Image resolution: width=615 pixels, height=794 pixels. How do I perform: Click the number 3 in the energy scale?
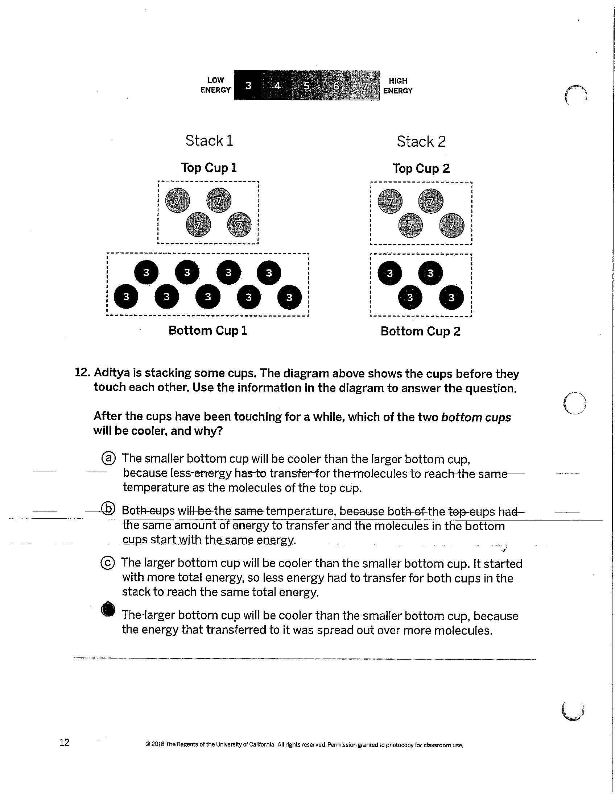[x=248, y=85]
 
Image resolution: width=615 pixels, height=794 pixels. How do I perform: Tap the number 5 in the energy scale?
[x=306, y=86]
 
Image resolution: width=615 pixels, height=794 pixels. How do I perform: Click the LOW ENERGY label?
[x=215, y=85]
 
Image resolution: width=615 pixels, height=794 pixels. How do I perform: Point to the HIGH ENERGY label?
[x=398, y=86]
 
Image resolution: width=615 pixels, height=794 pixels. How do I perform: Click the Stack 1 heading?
[x=209, y=141]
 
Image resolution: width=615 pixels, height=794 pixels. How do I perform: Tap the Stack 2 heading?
[x=421, y=141]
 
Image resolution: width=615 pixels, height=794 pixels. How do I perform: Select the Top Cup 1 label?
[x=209, y=168]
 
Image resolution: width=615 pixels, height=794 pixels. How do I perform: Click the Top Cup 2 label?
[x=421, y=168]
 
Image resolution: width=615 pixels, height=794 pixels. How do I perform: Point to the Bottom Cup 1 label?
[x=208, y=330]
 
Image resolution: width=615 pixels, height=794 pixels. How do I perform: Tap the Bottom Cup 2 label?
[x=421, y=331]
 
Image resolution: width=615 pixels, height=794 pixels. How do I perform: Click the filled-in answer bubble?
[x=108, y=609]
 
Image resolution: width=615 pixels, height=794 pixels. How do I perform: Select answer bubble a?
[x=108, y=458]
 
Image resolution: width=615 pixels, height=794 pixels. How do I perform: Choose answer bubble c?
[x=107, y=563]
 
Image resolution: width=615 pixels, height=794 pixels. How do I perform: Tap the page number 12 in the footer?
[x=65, y=742]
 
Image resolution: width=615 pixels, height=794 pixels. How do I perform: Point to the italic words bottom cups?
[x=476, y=417]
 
